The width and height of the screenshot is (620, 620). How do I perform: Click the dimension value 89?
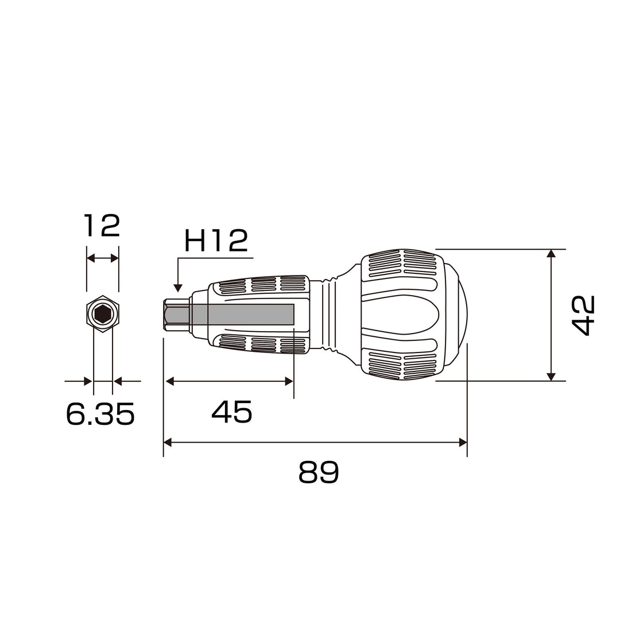tap(319, 472)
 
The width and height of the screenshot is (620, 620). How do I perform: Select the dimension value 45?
tap(232, 411)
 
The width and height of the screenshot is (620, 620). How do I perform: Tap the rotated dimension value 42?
tap(584, 315)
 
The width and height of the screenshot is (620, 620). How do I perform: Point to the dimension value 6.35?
tap(100, 413)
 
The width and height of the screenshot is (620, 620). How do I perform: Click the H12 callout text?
tap(216, 241)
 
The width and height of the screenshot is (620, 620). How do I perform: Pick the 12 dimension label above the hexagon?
tap(102, 226)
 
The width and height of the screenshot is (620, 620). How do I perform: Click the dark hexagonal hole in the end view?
tap(103, 315)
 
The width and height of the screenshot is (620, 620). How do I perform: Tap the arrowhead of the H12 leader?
tap(178, 288)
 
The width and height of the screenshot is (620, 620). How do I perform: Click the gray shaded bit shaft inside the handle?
tap(242, 315)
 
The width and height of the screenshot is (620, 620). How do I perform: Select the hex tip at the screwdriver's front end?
tap(177, 315)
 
